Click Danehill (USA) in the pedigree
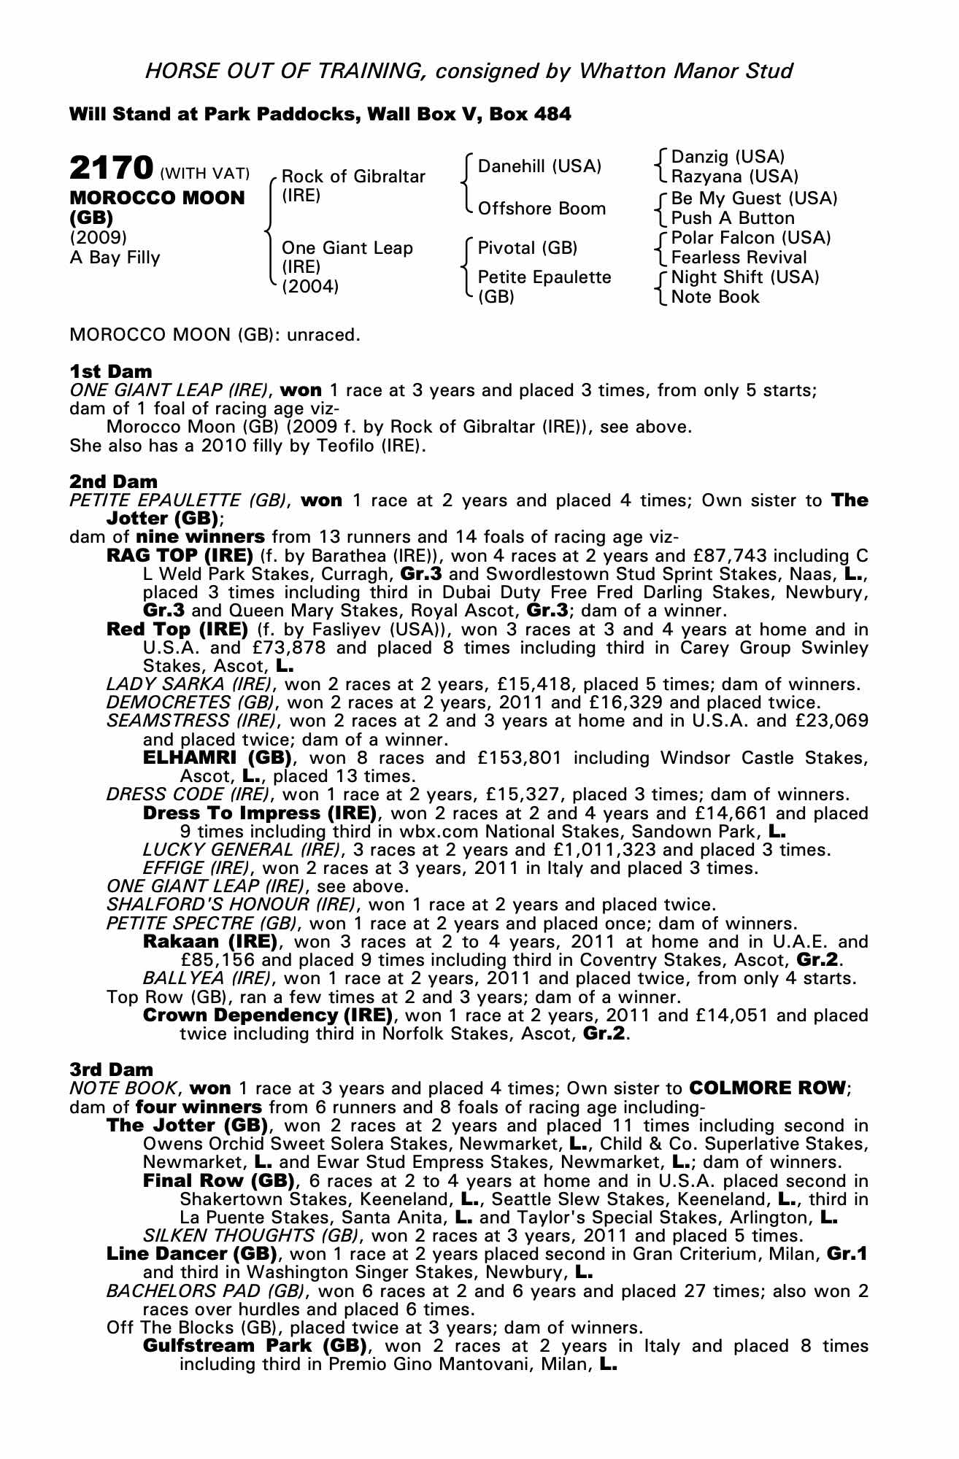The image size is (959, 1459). pos(539,166)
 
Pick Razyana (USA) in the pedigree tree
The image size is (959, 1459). pos(734,177)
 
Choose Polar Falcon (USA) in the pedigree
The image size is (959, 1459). pos(750,238)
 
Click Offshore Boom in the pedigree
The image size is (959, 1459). pos(542,209)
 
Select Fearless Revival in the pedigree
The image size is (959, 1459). pos(739,258)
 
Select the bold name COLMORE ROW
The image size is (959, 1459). pos(766,1088)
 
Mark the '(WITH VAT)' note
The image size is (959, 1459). pos(204,174)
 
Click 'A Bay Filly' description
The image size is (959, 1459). pos(115,258)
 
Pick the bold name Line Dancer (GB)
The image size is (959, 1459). pos(192,1255)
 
